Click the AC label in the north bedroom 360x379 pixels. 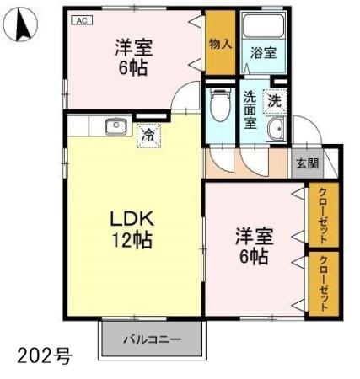tap(82, 20)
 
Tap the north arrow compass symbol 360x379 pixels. tap(21, 24)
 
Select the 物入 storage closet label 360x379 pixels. tap(220, 44)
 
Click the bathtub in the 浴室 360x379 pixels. tap(263, 25)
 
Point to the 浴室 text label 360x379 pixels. tap(263, 53)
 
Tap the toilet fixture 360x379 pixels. tap(221, 104)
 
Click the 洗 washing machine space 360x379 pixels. tap(275, 101)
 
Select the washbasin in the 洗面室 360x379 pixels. tap(276, 129)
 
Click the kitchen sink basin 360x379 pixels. tap(116, 127)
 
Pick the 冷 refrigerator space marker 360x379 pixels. tap(148, 136)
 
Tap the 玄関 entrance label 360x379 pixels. tap(308, 163)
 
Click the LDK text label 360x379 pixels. tap(132, 219)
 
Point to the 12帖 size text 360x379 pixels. tap(132, 239)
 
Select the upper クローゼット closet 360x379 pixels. tap(324, 215)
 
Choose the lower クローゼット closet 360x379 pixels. tap(324, 284)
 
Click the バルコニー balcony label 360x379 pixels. tap(153, 339)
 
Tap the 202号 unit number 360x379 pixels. tap(45, 355)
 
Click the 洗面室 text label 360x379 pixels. tap(250, 109)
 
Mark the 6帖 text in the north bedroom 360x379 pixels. tap(133, 68)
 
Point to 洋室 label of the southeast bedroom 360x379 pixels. tap(254, 237)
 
